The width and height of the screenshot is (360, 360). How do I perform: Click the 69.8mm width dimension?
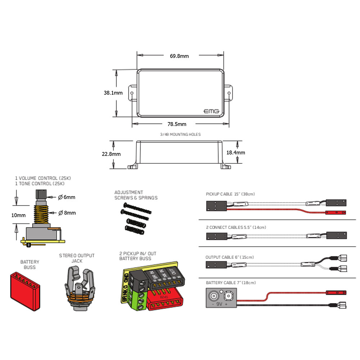click(179, 56)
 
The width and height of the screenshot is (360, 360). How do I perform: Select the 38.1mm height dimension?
click(113, 93)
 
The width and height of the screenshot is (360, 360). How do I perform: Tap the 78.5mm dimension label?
click(177, 124)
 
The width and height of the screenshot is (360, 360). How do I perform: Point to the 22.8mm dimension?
click(111, 154)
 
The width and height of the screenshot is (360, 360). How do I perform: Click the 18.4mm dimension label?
click(235, 153)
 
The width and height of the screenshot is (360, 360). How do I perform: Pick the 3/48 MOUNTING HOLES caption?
click(180, 134)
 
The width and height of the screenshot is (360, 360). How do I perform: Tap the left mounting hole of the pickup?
click(132, 93)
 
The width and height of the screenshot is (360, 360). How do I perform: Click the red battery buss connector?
click(24, 287)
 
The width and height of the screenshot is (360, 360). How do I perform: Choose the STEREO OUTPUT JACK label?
click(77, 258)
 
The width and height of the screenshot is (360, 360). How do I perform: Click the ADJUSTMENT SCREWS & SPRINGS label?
click(136, 195)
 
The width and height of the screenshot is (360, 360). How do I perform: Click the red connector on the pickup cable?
click(336, 212)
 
